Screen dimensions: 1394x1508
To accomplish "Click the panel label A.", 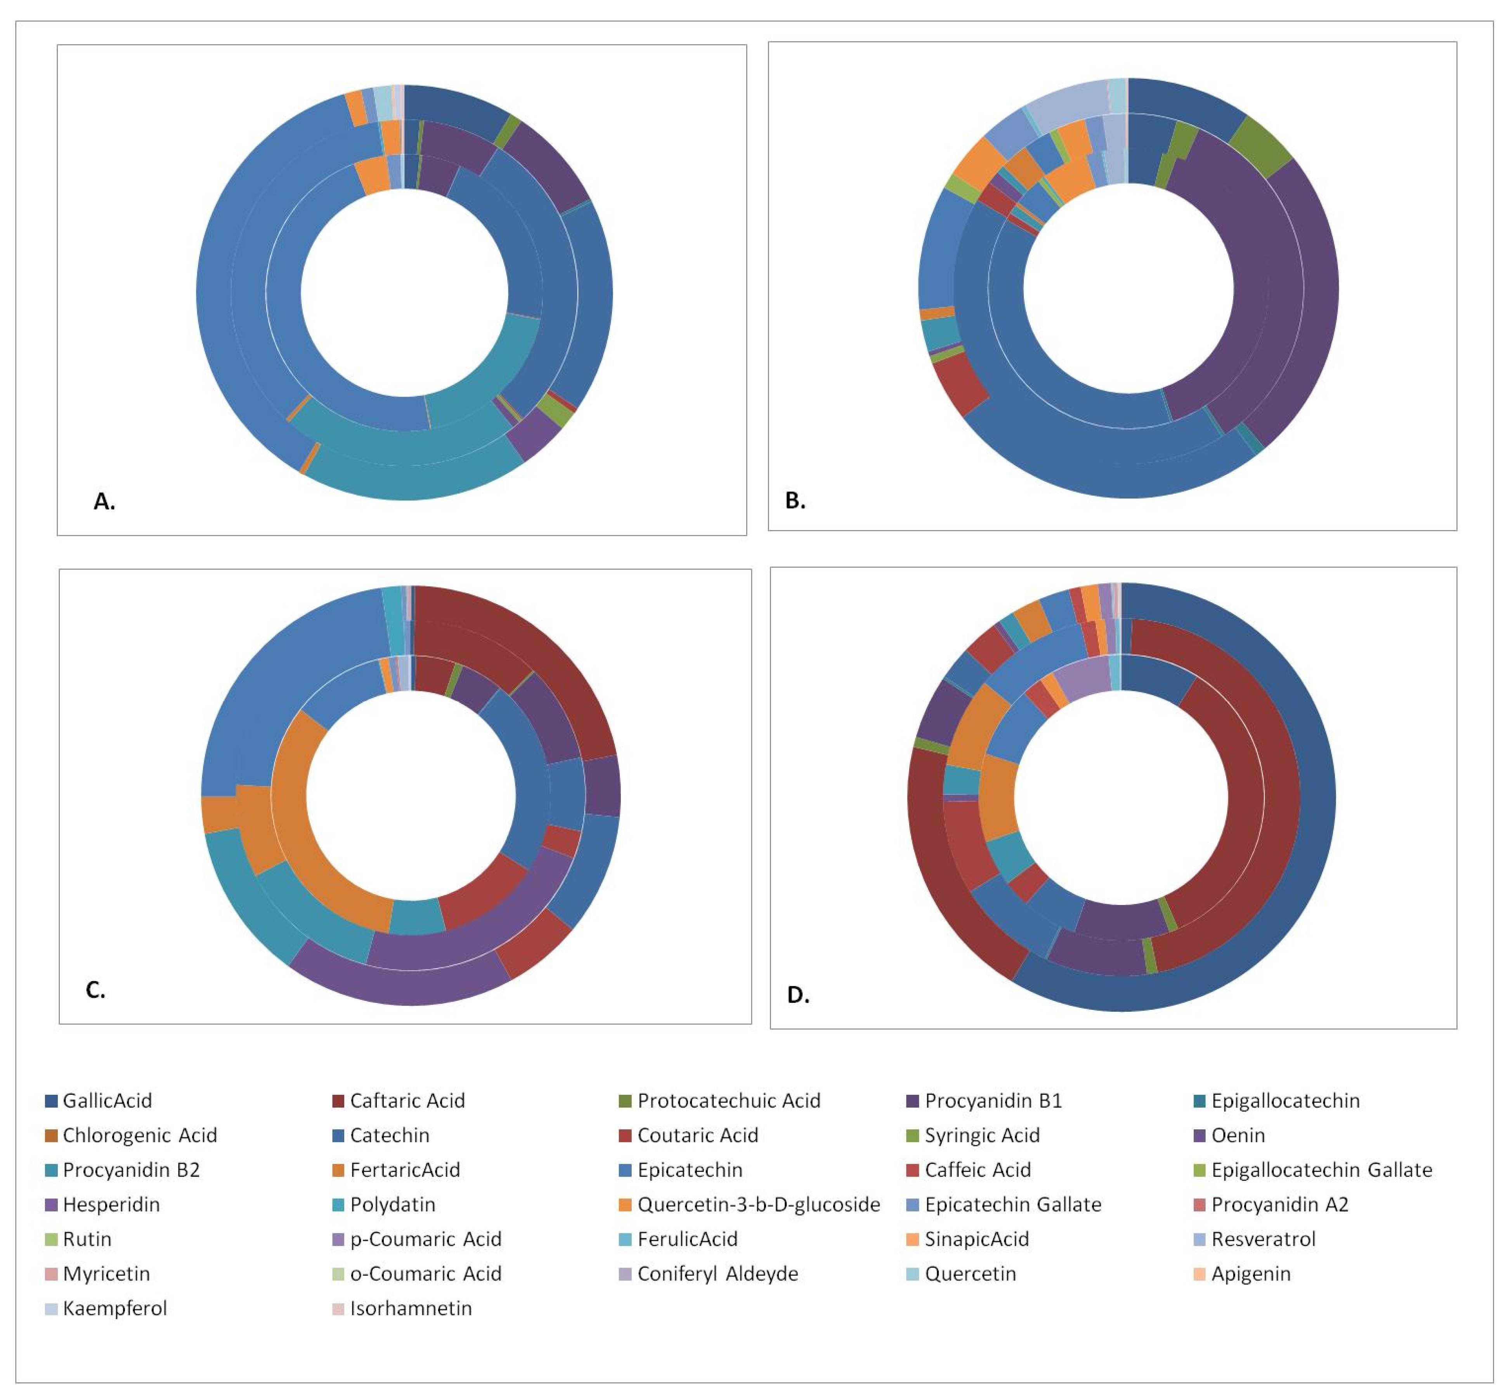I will click(104, 502).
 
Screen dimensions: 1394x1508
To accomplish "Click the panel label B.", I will click(795, 500).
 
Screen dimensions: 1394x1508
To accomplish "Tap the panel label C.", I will click(95, 990).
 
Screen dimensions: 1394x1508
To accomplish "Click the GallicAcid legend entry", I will click(106, 1101).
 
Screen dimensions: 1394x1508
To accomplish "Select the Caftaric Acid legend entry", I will click(407, 1101).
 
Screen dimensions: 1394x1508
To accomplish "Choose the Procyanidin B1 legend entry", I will click(993, 1101).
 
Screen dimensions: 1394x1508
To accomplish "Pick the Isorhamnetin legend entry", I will click(411, 1308).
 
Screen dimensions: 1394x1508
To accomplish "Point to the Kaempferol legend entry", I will click(114, 1308).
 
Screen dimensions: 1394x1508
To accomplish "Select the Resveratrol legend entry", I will click(1263, 1240).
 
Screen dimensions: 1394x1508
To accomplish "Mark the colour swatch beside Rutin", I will click(51, 1240).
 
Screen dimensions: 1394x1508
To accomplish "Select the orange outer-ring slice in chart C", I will click(219, 815).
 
